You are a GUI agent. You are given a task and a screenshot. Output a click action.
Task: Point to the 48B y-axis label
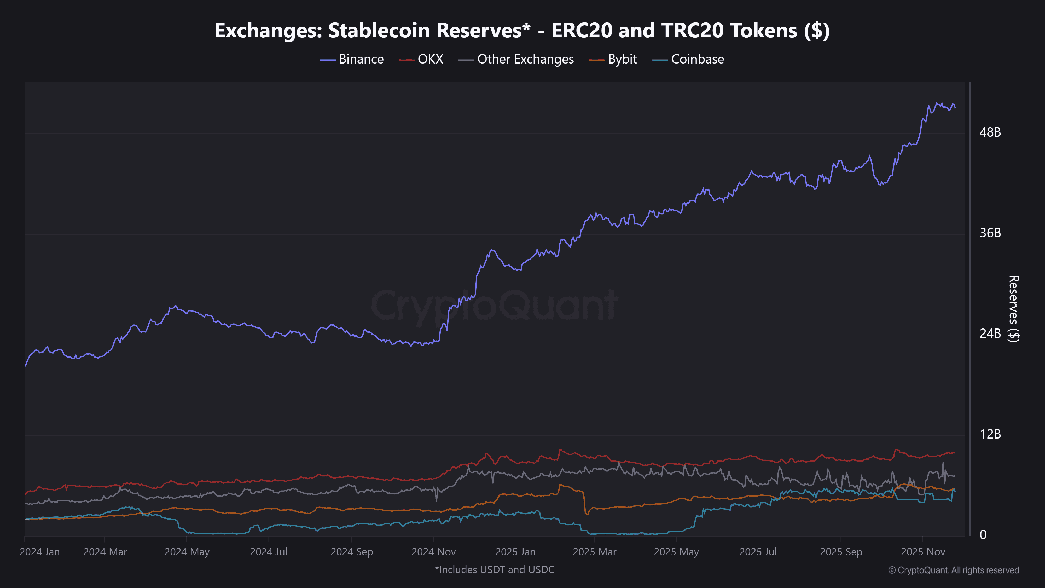coord(990,132)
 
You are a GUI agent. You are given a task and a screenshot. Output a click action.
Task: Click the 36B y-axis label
coord(990,233)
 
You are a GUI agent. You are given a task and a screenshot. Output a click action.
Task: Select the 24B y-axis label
coord(990,333)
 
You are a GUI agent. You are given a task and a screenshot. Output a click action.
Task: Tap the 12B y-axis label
coord(990,434)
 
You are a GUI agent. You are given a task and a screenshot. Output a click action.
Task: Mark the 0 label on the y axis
coord(983,535)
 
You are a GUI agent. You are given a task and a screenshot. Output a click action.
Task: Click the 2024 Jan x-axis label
coord(40,552)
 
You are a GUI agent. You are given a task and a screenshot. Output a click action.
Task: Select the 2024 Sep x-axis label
coord(352,552)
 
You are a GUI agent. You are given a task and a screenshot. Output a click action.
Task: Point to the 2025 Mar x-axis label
coord(594,552)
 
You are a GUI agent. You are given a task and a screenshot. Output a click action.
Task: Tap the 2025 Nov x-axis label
coord(923,552)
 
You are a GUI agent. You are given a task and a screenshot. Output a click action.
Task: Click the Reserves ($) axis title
coord(1013,308)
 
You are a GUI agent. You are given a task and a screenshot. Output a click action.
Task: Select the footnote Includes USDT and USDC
coord(495,570)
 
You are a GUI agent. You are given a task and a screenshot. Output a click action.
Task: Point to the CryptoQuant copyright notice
coord(953,570)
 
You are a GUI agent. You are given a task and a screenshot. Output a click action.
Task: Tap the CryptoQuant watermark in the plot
coord(494,305)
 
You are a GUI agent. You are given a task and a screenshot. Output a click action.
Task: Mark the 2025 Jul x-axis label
coord(758,552)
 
